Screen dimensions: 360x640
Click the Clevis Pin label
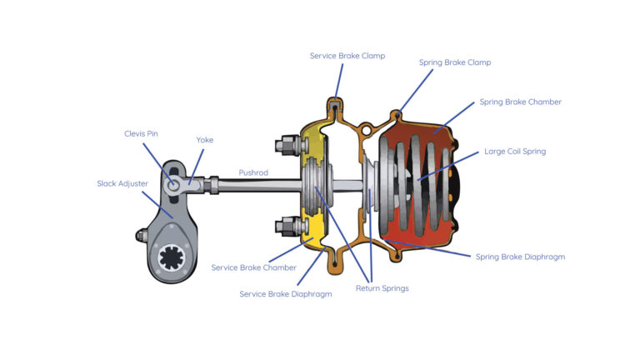tap(142, 132)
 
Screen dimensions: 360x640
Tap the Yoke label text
tap(204, 140)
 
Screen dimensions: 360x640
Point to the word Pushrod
tap(253, 172)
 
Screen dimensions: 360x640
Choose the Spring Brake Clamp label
tap(454, 62)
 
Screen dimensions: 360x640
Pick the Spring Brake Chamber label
tap(520, 102)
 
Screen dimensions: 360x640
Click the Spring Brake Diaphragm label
tap(520, 257)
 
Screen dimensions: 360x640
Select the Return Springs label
tap(381, 288)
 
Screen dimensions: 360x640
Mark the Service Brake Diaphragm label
tap(286, 294)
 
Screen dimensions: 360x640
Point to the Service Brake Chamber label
tap(253, 267)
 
